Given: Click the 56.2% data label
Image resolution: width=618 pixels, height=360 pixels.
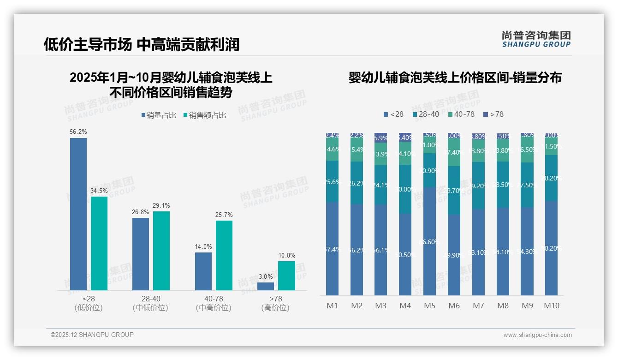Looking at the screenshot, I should point(78,132).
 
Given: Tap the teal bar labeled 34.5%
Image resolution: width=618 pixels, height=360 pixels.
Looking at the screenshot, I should point(99,243).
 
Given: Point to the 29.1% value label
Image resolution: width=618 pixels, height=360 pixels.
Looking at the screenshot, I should point(161,205).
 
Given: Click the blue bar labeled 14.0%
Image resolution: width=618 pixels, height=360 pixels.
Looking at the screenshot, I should point(203,271).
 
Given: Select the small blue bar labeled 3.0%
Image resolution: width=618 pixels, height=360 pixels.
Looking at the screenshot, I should point(265,286).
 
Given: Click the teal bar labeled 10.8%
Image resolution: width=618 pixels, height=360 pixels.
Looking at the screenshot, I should point(286,276).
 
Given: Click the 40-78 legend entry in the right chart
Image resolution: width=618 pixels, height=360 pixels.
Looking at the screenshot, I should point(461,114).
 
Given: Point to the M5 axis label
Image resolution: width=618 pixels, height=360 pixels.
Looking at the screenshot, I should point(429,306).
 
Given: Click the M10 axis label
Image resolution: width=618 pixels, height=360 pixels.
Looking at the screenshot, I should point(551,306).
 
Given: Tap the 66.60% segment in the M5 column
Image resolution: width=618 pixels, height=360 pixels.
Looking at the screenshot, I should point(429,241).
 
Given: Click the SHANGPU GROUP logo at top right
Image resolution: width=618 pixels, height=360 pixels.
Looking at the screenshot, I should point(536,39).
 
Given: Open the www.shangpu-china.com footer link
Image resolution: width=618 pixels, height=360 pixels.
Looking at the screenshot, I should point(537,335).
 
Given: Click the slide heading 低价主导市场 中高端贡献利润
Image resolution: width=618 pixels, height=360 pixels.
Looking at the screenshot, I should point(142,45).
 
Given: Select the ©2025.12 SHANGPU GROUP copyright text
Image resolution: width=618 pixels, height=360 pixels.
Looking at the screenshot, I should point(92,335).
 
